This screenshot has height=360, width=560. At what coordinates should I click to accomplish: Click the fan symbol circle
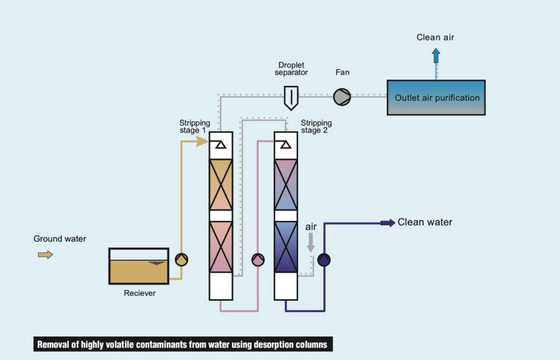tap(342, 97)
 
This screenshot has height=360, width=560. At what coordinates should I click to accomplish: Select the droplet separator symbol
tap(291, 98)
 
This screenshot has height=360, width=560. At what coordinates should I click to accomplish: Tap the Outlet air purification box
tap(436, 98)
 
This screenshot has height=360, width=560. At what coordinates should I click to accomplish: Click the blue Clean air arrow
tap(436, 56)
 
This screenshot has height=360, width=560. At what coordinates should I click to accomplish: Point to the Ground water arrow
tap(45, 254)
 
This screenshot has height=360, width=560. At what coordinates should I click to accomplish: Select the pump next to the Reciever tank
tap(181, 260)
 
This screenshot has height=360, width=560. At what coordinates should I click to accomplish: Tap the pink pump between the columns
tap(258, 260)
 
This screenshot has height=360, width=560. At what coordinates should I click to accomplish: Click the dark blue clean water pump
tap(324, 260)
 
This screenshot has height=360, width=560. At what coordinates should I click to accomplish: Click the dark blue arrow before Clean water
tap(387, 223)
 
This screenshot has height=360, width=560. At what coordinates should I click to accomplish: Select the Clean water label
tap(425, 222)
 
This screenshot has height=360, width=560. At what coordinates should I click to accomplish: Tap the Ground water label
tap(60, 239)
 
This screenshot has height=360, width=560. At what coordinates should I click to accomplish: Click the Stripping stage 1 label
tap(195, 127)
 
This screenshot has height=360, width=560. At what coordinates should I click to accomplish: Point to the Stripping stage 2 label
tap(316, 127)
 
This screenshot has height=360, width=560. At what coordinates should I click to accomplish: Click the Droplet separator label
tap(291, 68)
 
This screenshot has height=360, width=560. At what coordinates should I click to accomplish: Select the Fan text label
tap(342, 72)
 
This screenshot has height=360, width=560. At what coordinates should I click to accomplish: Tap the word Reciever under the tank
tap(139, 293)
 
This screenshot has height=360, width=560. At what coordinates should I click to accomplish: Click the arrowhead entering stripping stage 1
tap(202, 141)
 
